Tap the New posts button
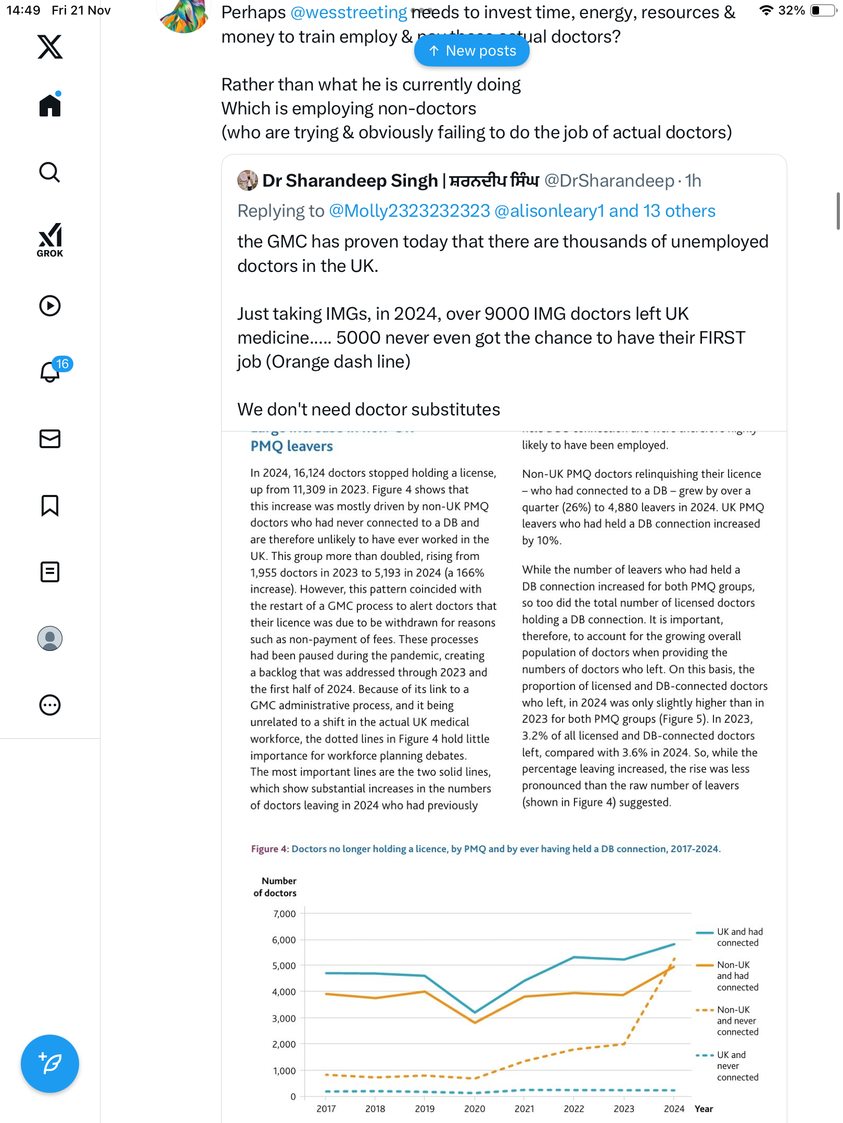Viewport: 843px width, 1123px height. point(471,51)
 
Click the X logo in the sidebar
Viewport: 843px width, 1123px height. point(50,47)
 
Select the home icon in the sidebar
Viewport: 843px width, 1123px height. point(50,106)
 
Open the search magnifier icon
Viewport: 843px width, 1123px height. point(50,172)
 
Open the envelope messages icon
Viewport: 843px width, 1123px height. point(50,439)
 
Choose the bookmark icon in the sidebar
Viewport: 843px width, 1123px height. point(50,505)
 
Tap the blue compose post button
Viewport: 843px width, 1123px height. point(50,1064)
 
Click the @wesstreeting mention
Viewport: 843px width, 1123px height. point(349,12)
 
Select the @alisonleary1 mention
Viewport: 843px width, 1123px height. point(550,211)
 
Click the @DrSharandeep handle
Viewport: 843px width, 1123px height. point(609,181)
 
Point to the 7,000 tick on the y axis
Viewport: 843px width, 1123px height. point(284,914)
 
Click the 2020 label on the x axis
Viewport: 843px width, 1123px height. point(475,1109)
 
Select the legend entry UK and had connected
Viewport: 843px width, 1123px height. point(739,937)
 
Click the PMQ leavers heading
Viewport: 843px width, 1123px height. point(291,446)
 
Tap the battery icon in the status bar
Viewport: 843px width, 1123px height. point(822,10)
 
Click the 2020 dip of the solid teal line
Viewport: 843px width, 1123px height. point(475,1012)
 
